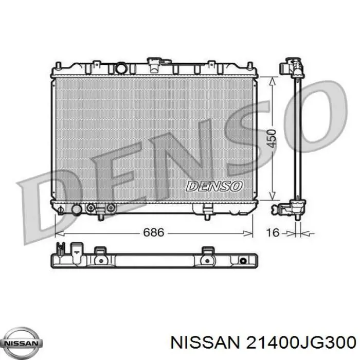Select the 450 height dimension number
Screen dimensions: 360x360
272,137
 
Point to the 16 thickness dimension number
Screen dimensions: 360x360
273,232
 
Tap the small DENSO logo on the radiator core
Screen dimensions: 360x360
213,186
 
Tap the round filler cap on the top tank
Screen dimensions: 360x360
121,67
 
